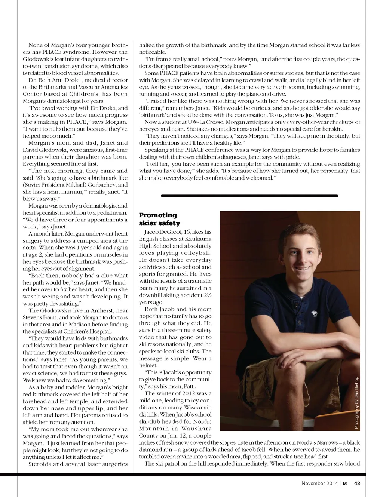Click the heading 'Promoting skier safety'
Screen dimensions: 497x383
pos(159,219)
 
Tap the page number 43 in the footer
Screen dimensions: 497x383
pos(357,483)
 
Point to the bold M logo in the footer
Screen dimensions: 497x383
pos(344,483)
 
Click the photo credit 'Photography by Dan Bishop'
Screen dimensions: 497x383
pos(356,402)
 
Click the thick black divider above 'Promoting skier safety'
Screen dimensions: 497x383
pos(249,195)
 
